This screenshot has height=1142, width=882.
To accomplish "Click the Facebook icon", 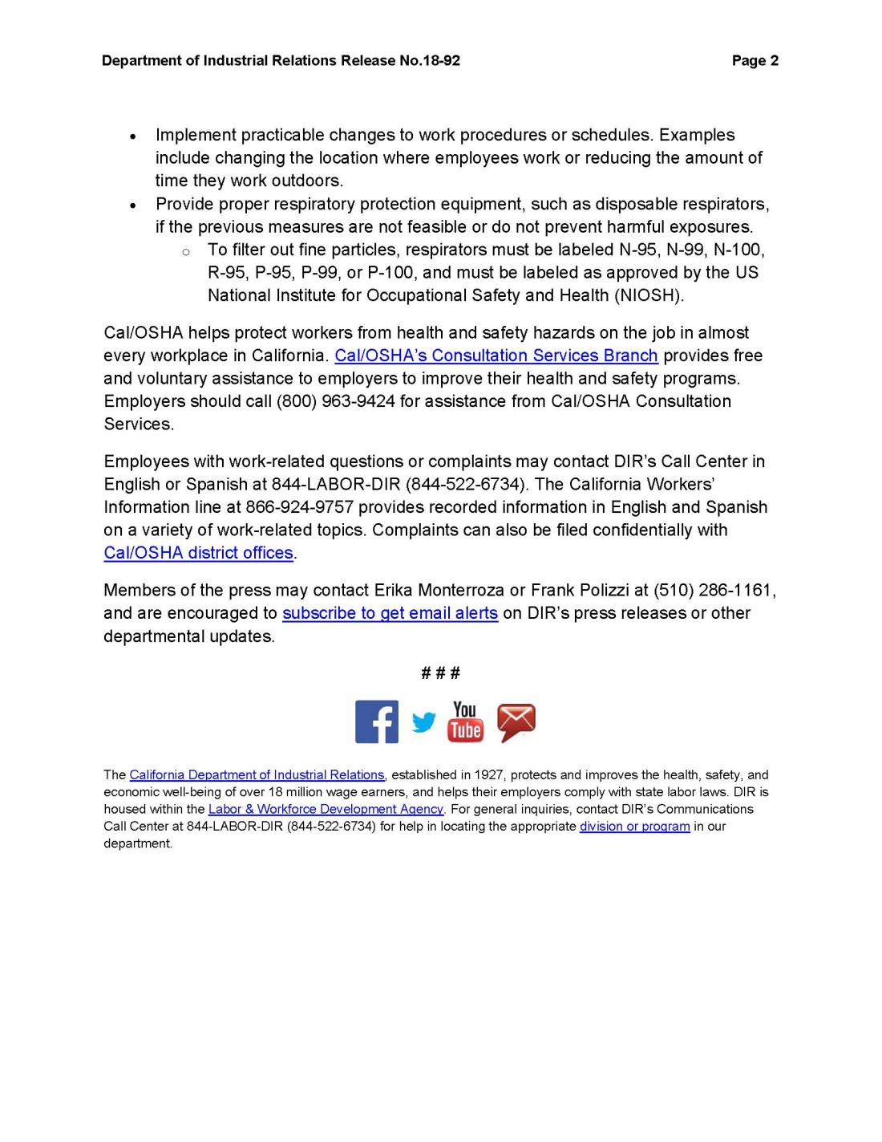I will [376, 721].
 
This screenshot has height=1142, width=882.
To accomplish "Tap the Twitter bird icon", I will [424, 722].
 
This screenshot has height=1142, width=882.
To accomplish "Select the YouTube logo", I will [466, 721].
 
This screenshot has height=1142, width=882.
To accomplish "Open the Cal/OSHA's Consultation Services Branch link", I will [496, 356].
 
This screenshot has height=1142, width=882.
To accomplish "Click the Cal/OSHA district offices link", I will [198, 553].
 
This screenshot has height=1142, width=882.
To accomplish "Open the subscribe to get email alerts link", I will [390, 613].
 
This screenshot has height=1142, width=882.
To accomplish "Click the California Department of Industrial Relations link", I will [257, 775].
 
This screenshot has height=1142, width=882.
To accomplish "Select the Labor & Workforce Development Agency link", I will [326, 809].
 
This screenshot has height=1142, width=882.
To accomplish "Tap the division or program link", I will [634, 827].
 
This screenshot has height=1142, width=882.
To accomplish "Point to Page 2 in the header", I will [755, 61].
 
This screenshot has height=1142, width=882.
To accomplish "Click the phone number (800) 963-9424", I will [335, 401].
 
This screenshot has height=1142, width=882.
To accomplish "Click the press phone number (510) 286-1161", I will [714, 591].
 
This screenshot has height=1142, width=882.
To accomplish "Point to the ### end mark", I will [440, 673].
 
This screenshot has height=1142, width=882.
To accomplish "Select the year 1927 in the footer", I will [488, 775].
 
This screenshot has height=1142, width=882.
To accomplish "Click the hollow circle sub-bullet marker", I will [186, 252].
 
